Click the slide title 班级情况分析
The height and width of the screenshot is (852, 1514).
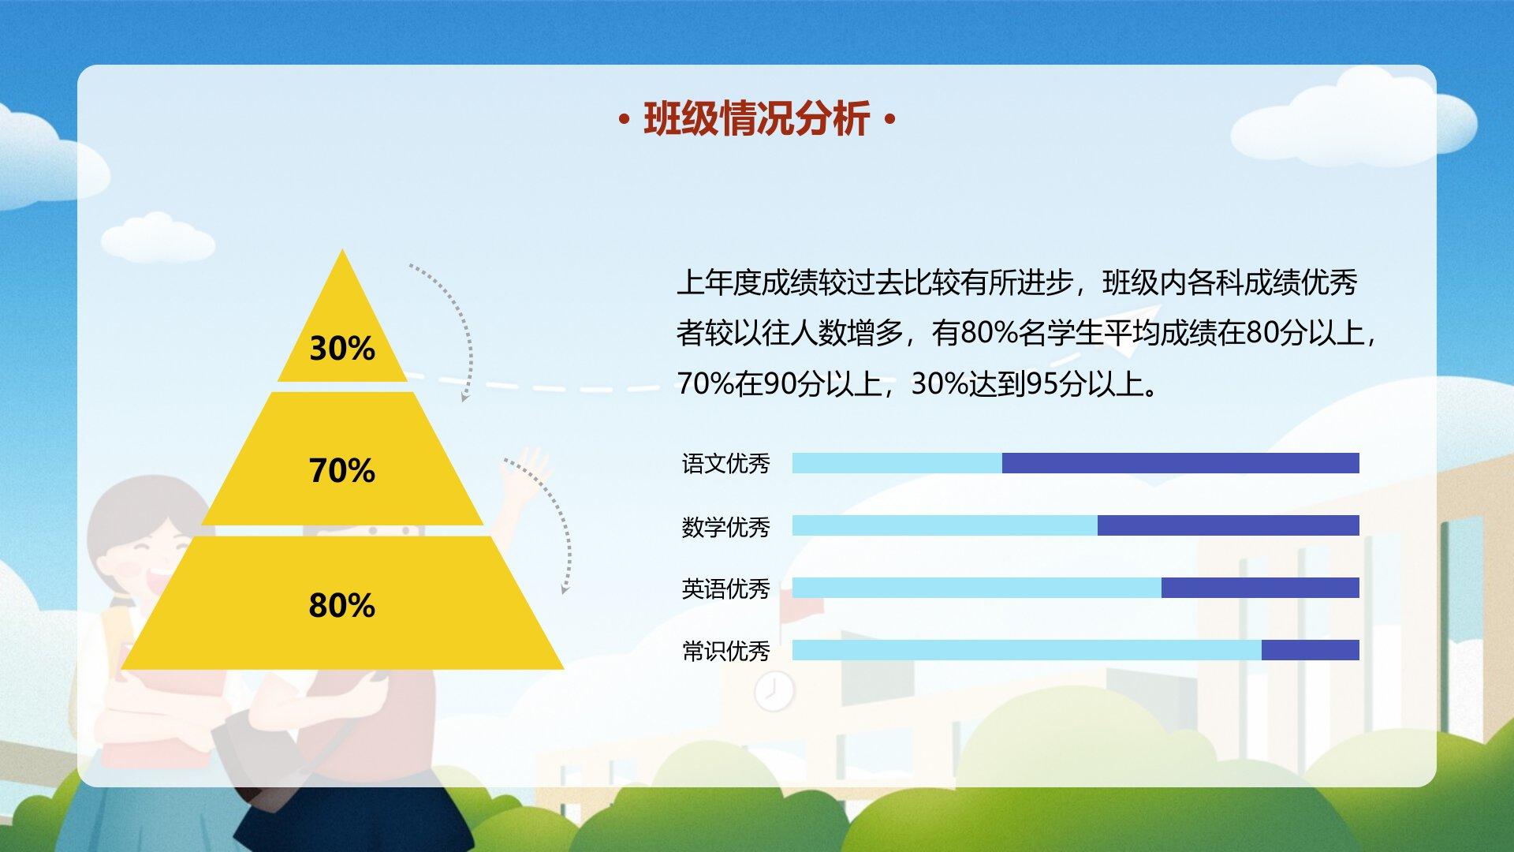pyautogui.click(x=757, y=120)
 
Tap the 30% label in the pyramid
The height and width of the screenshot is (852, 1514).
pyautogui.click(x=342, y=348)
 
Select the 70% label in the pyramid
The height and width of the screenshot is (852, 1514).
pyautogui.click(x=342, y=470)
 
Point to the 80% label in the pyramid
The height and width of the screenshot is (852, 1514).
pyautogui.click(x=342, y=605)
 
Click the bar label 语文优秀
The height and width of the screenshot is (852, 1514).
pyautogui.click(x=725, y=463)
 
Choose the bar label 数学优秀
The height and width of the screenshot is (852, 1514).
pyautogui.click(x=725, y=526)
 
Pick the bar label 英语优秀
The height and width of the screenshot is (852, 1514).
pyautogui.click(x=725, y=589)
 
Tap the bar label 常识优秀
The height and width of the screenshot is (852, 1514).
pyautogui.click(x=725, y=651)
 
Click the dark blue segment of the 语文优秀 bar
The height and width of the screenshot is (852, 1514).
pyautogui.click(x=1180, y=463)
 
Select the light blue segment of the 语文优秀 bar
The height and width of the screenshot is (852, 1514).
pyautogui.click(x=897, y=463)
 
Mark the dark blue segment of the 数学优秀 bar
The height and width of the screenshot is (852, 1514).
pyautogui.click(x=1229, y=525)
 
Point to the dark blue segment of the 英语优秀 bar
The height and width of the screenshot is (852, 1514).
pyautogui.click(x=1260, y=588)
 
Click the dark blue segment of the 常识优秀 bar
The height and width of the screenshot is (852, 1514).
pyautogui.click(x=1311, y=650)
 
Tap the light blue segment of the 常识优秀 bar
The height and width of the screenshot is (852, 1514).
pyautogui.click(x=1027, y=650)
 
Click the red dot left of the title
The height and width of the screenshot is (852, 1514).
pyautogui.click(x=625, y=121)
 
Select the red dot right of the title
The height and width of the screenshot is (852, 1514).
pyautogui.click(x=891, y=121)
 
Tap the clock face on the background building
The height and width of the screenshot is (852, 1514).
pyautogui.click(x=774, y=693)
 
